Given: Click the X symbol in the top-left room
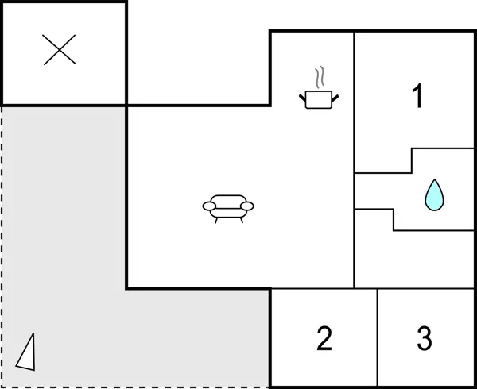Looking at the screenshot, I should pos(60,50).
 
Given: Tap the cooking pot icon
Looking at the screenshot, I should pos(319,98).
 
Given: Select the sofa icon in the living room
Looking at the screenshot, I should pos(228,206).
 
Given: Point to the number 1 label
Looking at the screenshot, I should pos(417,96).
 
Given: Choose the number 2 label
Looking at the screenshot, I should pos(324,338).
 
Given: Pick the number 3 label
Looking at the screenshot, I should pos(425,338).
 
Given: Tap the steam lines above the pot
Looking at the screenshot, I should pos(320,78).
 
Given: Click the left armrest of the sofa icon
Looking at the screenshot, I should pos(210,206).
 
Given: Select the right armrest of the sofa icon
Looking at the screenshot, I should pos(246,206).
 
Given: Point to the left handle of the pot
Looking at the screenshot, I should pos(303,98).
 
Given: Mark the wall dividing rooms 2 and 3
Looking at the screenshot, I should pos(377,337).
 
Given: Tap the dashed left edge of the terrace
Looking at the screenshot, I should pos(2,238).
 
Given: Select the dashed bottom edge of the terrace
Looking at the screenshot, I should pos(135,387).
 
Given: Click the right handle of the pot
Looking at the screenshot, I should pos(335,98).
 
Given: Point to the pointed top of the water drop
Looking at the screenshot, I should pos(433,181).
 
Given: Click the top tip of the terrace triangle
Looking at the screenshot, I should pos(33,334).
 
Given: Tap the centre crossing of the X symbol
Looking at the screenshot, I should pos(60,50).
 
